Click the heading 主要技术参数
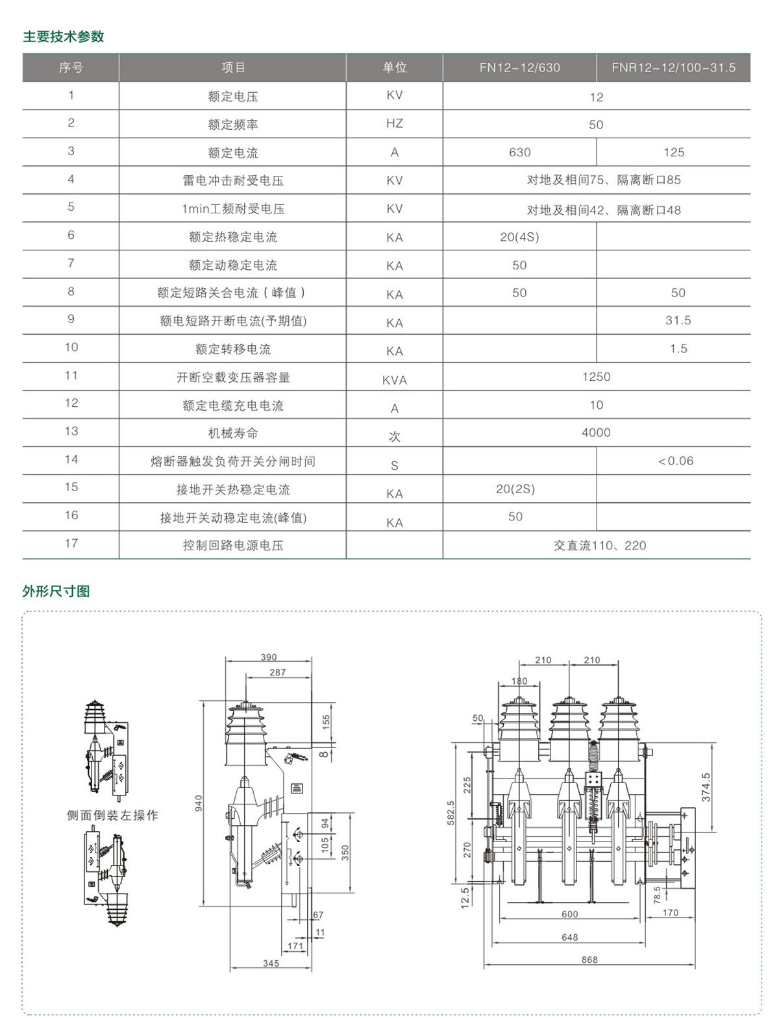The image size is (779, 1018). coord(64,36)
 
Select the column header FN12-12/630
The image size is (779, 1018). coord(519,67)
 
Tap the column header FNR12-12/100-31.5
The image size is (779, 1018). coord(673,67)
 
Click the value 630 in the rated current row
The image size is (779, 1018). coord(519,152)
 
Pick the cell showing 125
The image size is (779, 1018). coord(674,152)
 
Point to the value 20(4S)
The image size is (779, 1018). coord(519,237)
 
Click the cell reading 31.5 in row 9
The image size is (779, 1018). coord(678,321)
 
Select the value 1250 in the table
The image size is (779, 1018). coord(596,377)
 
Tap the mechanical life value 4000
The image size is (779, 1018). coord(596,433)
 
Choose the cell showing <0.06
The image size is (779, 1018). coord(675,461)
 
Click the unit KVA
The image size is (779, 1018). coord(394,380)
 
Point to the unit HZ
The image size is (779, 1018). coord(394,123)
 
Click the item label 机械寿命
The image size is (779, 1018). coord(233,433)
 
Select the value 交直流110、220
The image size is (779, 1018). coord(599,546)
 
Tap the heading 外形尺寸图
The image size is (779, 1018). coord(56,591)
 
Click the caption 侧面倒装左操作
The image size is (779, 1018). coord(112,816)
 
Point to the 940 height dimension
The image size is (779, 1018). coord(199,803)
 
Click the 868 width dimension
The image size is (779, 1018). coord(589,960)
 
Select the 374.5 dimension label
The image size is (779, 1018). coord(706,787)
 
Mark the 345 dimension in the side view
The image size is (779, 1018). coord(271,963)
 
